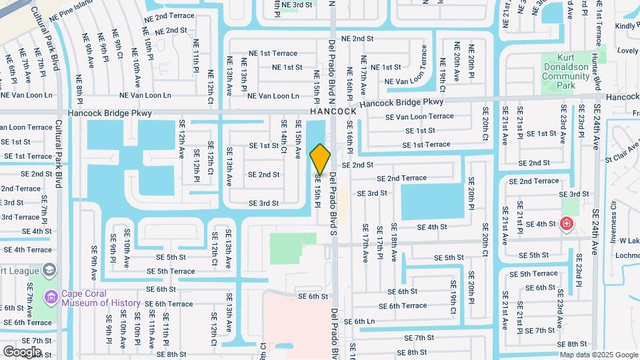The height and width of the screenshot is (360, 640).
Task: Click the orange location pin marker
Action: click(320, 159)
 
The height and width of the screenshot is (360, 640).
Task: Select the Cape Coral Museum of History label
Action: click(101, 298)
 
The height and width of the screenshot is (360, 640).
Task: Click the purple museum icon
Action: click(51, 295)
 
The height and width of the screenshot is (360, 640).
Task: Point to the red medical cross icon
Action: click(567, 223)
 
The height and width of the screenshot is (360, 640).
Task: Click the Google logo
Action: click(22, 351)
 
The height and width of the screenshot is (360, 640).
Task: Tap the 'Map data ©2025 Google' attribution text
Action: click(598, 355)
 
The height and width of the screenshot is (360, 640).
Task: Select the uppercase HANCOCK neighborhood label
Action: click(337, 112)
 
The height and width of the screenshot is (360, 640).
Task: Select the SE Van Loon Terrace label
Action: click(419, 117)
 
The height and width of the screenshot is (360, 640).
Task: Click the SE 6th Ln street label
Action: click(373, 321)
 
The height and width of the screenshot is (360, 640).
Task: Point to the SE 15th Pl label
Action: click(318, 189)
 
